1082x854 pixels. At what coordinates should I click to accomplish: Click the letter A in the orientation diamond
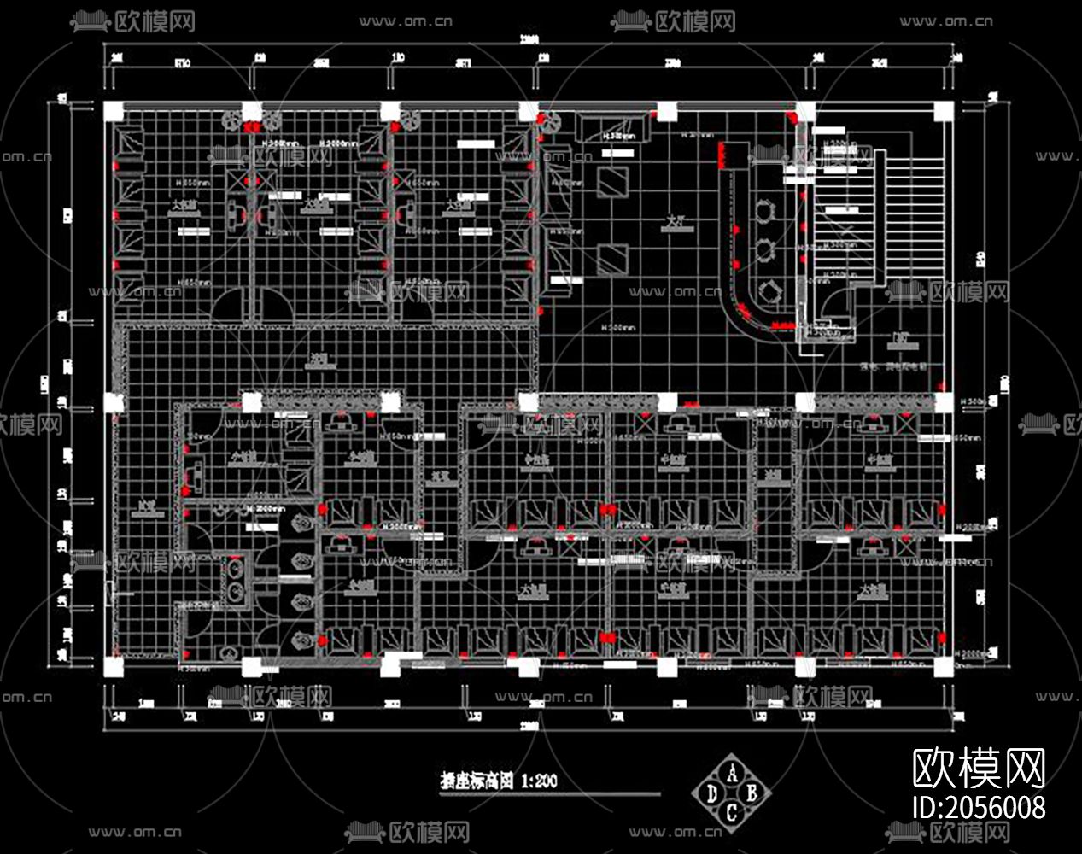point(732,772)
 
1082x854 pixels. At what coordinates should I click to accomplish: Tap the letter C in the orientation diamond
point(732,812)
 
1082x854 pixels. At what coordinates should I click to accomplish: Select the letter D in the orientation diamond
point(712,793)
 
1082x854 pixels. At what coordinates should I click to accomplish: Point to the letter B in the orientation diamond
point(752,793)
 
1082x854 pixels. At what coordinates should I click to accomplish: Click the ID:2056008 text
point(979,807)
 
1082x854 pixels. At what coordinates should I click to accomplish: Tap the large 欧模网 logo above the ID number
point(979,768)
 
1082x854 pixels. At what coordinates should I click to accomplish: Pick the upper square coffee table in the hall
point(612,181)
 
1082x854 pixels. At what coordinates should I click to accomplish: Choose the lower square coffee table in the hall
point(612,257)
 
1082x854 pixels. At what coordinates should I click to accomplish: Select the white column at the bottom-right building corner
point(943,666)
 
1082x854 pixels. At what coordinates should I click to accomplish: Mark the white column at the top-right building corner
point(943,112)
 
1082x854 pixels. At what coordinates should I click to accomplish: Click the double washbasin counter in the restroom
point(233,581)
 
